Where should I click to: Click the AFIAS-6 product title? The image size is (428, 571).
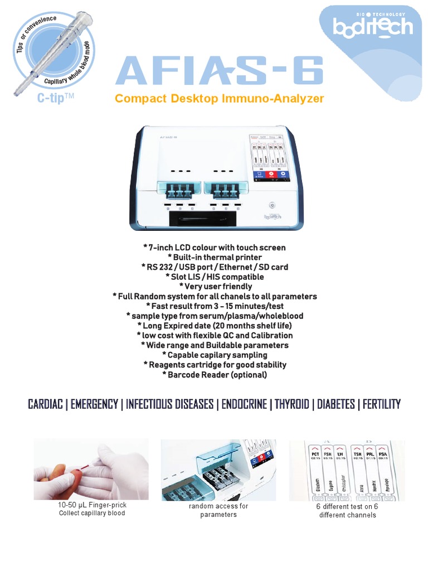[x=219, y=72]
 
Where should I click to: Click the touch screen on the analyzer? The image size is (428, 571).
[x=270, y=159]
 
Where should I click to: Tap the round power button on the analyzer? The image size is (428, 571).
[x=271, y=204]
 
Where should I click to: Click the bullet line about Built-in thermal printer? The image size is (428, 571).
[x=214, y=257]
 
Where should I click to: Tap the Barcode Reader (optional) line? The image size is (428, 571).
[x=215, y=375]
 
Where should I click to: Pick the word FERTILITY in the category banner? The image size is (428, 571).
[x=382, y=404]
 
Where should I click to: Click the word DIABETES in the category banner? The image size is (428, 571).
[x=336, y=404]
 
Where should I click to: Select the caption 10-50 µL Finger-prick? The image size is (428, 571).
[x=92, y=505]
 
